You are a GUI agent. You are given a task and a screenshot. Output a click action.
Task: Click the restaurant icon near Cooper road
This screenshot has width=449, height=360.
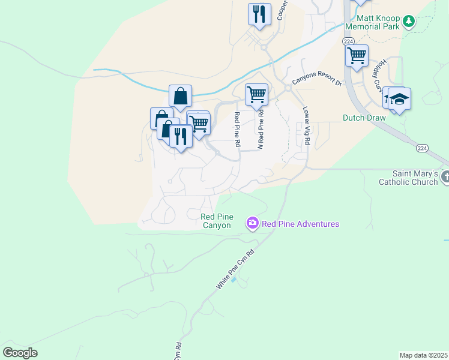(259, 14)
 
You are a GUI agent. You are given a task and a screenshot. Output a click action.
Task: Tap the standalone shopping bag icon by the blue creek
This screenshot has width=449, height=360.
(180, 96)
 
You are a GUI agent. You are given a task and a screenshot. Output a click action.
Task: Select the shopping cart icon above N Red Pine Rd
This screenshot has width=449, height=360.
(256, 94)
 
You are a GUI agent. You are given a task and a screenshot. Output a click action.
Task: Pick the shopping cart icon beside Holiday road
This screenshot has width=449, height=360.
(357, 56)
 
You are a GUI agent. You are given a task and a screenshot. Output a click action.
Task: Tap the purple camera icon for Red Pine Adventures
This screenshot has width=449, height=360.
(253, 224)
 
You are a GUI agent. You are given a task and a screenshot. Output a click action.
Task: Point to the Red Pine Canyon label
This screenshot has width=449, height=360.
(215, 220)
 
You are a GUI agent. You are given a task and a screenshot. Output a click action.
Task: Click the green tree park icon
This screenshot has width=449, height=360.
(409, 22)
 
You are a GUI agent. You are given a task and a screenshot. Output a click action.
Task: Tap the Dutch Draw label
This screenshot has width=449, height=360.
(364, 118)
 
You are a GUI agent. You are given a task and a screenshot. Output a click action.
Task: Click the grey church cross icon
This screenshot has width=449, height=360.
(445, 177)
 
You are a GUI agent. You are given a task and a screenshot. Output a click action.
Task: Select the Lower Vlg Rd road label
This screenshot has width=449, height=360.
(306, 126)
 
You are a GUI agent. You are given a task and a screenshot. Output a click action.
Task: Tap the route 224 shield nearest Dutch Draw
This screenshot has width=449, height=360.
(422, 148)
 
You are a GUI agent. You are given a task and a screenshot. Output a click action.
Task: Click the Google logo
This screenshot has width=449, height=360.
(20, 352)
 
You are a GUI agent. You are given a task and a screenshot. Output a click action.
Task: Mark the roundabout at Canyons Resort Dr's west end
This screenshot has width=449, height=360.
(288, 88)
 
